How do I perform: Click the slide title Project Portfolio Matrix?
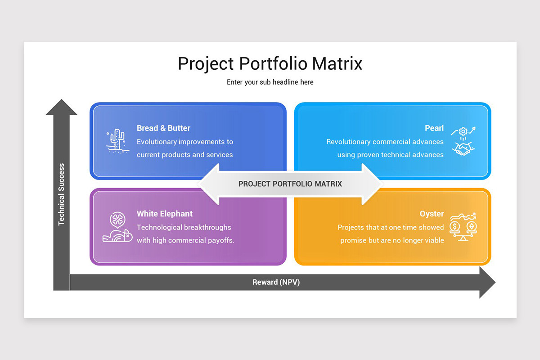click(270, 63)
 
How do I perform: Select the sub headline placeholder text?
click(270, 82)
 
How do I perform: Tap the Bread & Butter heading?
click(163, 128)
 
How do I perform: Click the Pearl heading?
click(434, 128)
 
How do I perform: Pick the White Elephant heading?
click(165, 214)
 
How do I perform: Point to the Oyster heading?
click(432, 214)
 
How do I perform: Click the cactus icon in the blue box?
click(117, 140)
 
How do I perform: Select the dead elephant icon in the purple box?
click(116, 227)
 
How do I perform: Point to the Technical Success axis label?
click(62, 194)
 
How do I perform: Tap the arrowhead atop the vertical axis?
click(61, 108)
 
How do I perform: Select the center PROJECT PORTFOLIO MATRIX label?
click(290, 184)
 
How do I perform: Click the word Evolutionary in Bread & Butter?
click(157, 142)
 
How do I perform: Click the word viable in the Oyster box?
click(434, 240)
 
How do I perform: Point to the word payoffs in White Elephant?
click(220, 240)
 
